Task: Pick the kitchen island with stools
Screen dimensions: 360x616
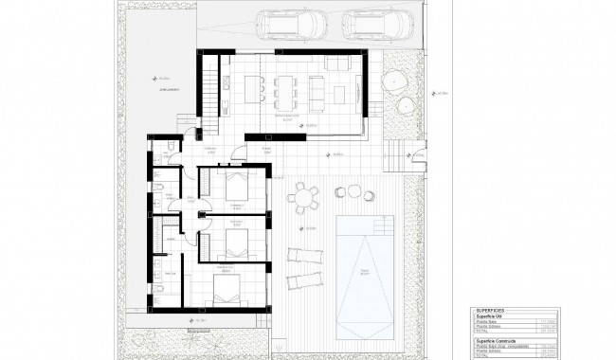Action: point(253,88)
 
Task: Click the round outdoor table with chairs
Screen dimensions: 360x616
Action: point(303,198)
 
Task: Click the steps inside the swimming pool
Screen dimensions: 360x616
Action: point(382,227)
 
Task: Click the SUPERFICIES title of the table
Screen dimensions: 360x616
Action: point(491,309)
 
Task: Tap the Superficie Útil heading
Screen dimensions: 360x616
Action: point(492,315)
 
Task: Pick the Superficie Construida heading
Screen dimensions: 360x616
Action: point(498,338)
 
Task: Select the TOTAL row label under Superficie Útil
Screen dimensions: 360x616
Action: point(482,332)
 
